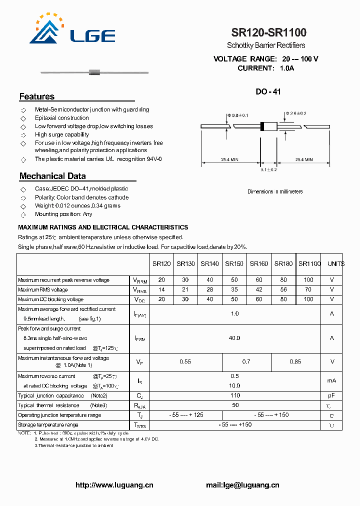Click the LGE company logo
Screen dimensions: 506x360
click(x=72, y=31)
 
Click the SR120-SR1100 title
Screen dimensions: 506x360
click(x=269, y=33)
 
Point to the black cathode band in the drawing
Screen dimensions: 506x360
click(x=262, y=126)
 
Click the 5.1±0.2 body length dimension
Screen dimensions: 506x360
click(x=268, y=170)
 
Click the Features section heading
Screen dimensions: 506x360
click(x=37, y=96)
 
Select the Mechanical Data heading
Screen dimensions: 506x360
click(x=52, y=176)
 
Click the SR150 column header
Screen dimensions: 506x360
click(x=234, y=263)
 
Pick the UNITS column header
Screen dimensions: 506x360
click(x=335, y=263)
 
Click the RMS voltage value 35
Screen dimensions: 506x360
click(x=234, y=289)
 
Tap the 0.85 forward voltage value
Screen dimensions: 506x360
click(x=295, y=361)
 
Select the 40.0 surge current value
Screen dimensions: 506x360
click(x=234, y=338)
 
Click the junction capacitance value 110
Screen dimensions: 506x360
click(x=234, y=395)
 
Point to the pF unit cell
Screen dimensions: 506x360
click(x=331, y=395)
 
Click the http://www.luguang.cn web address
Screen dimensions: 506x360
click(x=114, y=485)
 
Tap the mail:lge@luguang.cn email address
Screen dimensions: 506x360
click(x=242, y=485)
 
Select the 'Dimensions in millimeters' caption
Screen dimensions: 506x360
click(x=275, y=191)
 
